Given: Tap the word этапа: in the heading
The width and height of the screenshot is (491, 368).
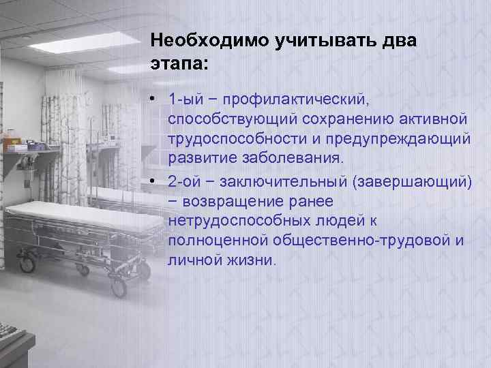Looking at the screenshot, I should [x=179, y=63].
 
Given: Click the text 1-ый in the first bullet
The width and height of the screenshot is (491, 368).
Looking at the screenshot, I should [x=184, y=100].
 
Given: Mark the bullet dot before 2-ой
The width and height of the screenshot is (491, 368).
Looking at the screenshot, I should [x=155, y=181].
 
